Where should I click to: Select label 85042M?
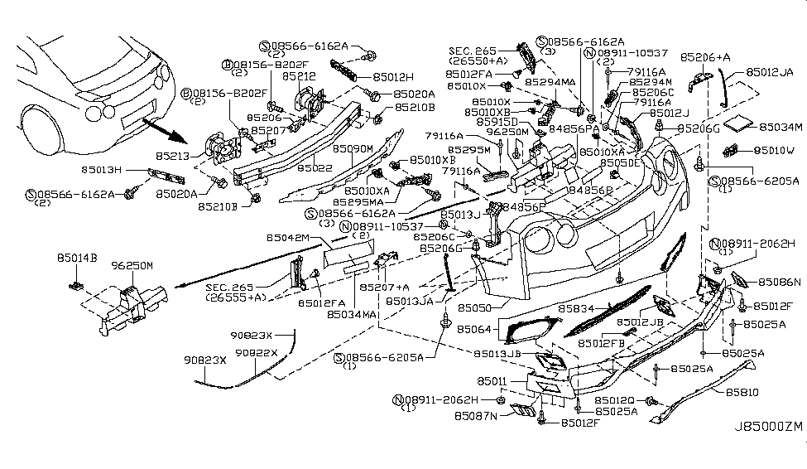click(x=288, y=238)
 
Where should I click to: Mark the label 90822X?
click(x=257, y=352)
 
